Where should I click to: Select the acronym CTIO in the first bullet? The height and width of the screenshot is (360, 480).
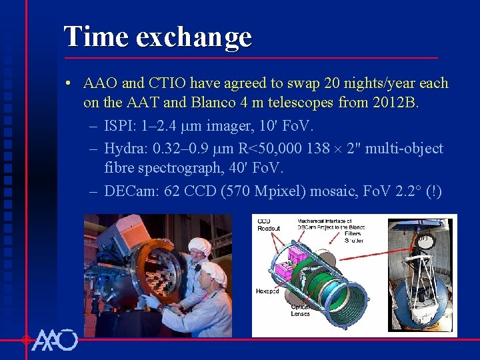click(x=166, y=84)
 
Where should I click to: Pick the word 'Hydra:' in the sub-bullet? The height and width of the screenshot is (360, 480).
click(x=127, y=148)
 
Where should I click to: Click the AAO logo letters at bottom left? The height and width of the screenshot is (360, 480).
click(x=55, y=340)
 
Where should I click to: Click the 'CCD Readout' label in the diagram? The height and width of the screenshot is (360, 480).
click(x=268, y=225)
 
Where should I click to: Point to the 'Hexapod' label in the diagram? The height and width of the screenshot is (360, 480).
click(x=267, y=291)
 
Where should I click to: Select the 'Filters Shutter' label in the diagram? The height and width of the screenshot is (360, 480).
click(x=353, y=237)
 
